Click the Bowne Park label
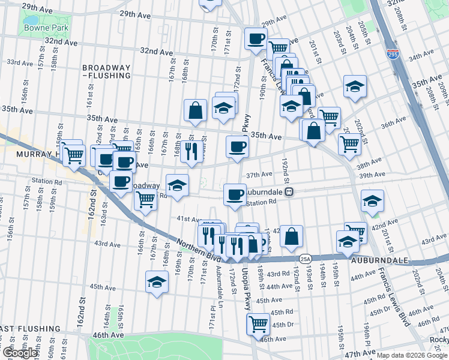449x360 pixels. click(x=46, y=28)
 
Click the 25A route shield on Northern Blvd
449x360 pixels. click(x=305, y=259)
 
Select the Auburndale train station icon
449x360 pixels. click(x=289, y=192)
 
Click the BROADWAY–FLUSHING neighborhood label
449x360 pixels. click(x=107, y=71)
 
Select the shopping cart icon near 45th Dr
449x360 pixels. click(x=258, y=324)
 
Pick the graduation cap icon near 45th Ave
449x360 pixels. click(x=157, y=282)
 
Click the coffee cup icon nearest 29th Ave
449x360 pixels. click(x=256, y=39)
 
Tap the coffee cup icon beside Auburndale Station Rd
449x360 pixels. click(x=235, y=194)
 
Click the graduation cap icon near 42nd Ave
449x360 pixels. click(x=373, y=201)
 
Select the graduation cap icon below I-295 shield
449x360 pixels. click(x=355, y=86)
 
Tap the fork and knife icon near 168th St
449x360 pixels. click(x=191, y=152)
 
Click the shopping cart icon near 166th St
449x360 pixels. click(x=145, y=200)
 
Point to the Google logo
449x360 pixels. click(x=19, y=353)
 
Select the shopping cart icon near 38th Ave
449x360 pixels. click(x=349, y=143)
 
